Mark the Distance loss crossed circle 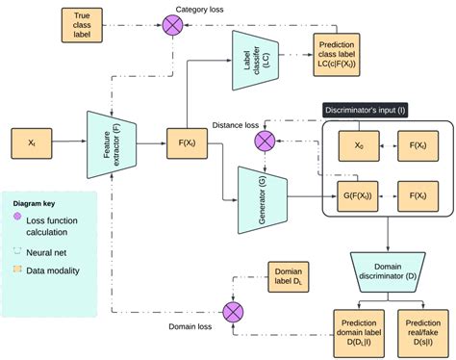[x=264, y=141]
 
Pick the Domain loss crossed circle [x=232, y=311]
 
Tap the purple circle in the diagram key [x=18, y=221]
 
